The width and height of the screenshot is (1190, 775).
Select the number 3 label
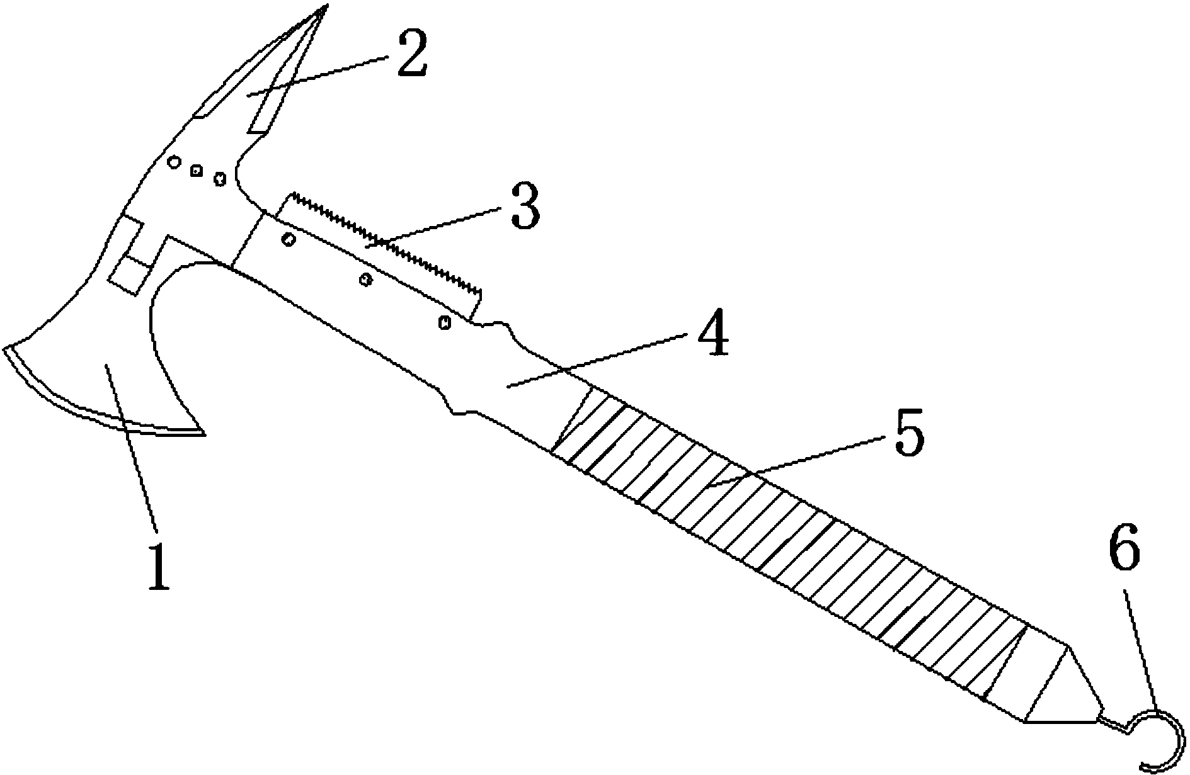525,206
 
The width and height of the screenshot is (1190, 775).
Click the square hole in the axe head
197,170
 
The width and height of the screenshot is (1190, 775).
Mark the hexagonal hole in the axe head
219,178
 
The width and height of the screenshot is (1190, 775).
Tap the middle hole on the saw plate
364,279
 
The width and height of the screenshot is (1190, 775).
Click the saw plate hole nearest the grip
445,322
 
